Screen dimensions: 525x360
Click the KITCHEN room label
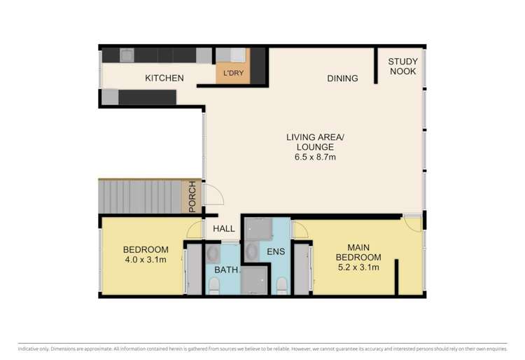pos(164,78)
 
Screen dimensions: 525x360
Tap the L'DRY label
pos(233,73)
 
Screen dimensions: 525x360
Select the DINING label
pos(342,78)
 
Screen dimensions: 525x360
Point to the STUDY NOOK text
pos(402,67)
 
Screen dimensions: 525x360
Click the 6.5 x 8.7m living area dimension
pos(315,157)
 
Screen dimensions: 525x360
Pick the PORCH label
pos(192,197)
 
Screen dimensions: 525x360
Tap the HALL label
pos(224,229)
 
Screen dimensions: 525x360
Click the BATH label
pos(226,270)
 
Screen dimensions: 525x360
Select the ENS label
pos(276,251)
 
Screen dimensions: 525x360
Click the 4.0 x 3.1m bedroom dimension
pos(146,260)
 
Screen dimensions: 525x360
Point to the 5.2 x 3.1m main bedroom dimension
pos(358,268)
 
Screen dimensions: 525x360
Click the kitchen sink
pos(127,55)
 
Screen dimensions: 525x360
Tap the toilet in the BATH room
pos(213,287)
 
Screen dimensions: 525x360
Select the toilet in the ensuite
pos(281,286)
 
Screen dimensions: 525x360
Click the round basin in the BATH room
pos(212,254)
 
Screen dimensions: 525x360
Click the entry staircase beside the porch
pos(140,197)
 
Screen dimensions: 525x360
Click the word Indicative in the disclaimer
pos(28,349)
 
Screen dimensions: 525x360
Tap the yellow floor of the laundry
pos(233,74)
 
